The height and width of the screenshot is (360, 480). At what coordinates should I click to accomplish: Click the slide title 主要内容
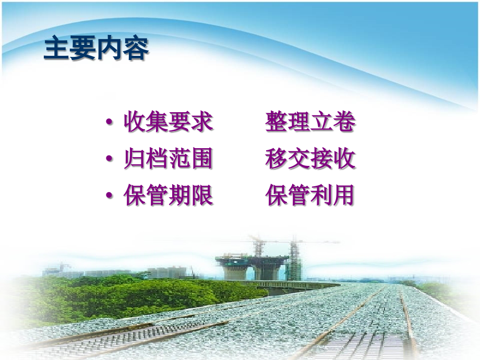[x=97, y=49]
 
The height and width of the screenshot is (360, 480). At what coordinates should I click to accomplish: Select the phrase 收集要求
[x=168, y=122]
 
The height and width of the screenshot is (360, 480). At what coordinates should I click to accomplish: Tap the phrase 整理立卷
[x=310, y=122]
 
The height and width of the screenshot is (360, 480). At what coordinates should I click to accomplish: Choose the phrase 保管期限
[x=168, y=196]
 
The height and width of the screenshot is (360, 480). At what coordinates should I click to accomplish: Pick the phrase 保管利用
[x=310, y=196]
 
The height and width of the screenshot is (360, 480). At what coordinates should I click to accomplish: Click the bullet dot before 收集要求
[x=109, y=123]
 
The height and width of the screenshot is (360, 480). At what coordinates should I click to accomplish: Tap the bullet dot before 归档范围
[x=109, y=160]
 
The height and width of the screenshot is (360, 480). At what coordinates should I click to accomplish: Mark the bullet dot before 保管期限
[x=109, y=196]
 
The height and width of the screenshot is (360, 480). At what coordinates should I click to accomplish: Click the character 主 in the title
[x=57, y=49]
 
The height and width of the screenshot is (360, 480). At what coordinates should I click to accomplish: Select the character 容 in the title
[x=136, y=49]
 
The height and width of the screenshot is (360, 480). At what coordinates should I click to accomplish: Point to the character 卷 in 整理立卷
[x=344, y=122]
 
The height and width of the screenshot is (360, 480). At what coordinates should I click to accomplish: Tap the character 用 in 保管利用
[x=344, y=196]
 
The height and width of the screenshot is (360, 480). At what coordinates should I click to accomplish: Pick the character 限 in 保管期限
[x=202, y=196]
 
